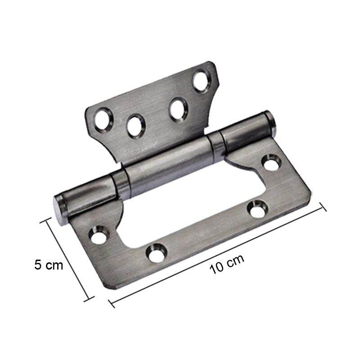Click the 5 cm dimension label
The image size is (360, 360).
click(49, 265)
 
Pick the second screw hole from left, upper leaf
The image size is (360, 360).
click(135, 125)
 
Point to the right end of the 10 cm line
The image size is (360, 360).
click(323, 205)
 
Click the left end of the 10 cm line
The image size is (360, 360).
click(111, 305)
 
